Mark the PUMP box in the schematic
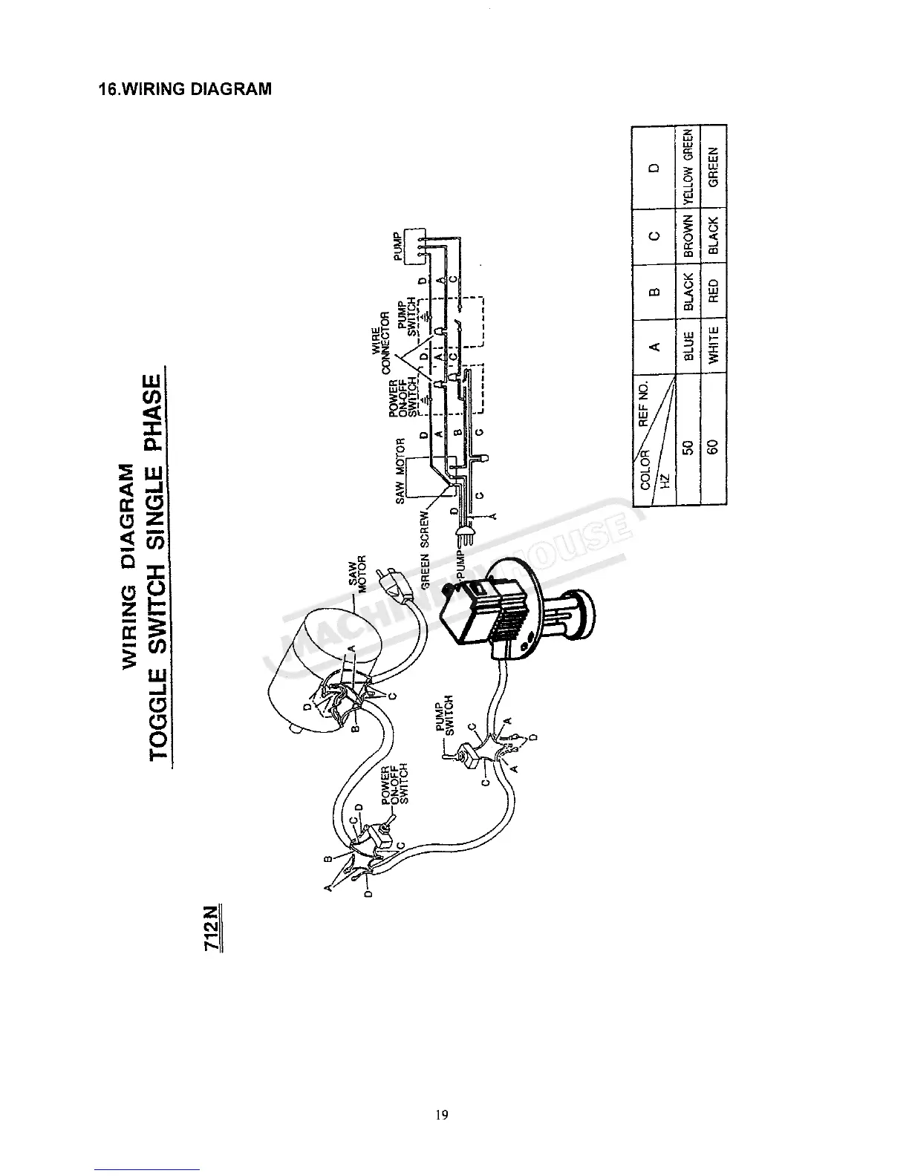click(411, 245)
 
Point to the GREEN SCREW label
click(425, 549)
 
